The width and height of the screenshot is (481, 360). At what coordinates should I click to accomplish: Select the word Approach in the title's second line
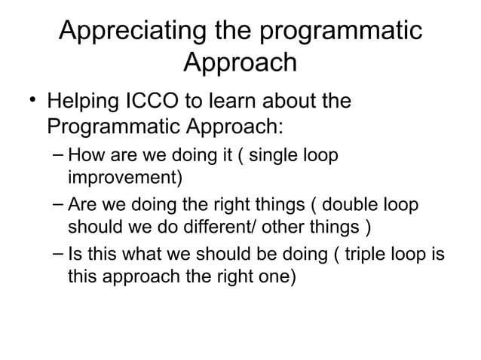coord(240,63)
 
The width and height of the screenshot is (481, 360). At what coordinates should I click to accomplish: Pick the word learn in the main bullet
coord(240,100)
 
